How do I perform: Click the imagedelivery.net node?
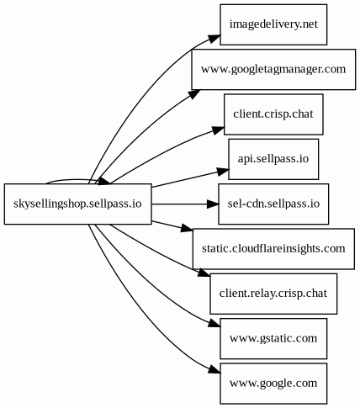(x=273, y=24)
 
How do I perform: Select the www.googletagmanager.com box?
(x=273, y=69)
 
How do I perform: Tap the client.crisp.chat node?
(x=273, y=114)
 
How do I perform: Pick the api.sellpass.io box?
(x=273, y=159)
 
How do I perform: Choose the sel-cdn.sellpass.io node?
(x=273, y=204)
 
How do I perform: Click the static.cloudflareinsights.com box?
(x=273, y=249)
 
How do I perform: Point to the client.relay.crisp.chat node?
(x=273, y=294)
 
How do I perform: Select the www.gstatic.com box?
(x=273, y=338)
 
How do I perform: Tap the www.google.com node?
(x=273, y=384)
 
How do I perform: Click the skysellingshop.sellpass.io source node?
(x=77, y=204)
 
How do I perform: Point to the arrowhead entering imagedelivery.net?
(x=214, y=39)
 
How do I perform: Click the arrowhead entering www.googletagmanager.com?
(x=194, y=94)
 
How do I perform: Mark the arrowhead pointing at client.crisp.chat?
(x=218, y=130)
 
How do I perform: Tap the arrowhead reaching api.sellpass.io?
(x=223, y=172)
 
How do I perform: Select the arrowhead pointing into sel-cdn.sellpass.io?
(x=213, y=204)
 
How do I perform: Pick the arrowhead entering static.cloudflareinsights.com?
(x=187, y=229)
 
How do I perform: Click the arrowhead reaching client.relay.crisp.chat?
(x=204, y=273)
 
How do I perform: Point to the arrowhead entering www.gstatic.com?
(x=214, y=324)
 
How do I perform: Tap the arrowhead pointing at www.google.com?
(x=214, y=369)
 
